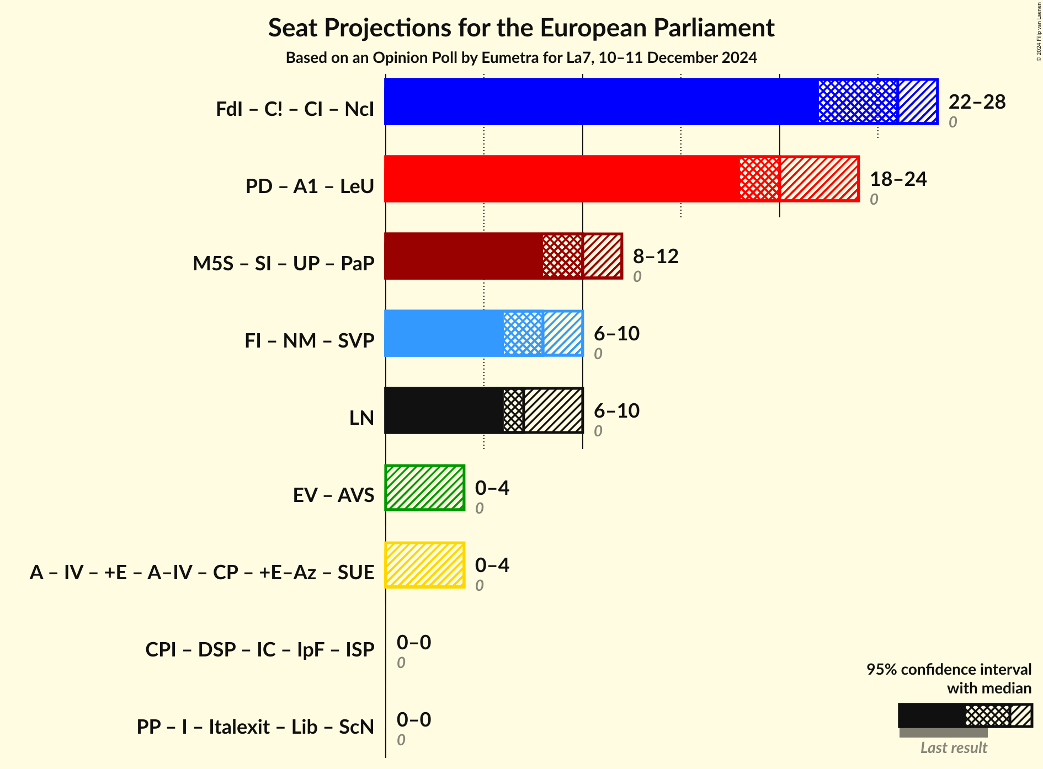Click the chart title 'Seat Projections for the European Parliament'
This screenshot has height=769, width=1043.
click(521, 28)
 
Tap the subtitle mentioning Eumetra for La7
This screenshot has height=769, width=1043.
click(521, 58)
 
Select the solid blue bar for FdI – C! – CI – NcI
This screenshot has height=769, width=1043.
click(602, 102)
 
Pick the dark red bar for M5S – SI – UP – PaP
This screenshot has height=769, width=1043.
click(464, 256)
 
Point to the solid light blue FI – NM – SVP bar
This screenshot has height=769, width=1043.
click(444, 333)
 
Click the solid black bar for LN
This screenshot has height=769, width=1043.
click(444, 410)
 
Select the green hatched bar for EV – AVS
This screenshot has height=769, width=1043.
click(425, 488)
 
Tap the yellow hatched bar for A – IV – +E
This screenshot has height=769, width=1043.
click(425, 565)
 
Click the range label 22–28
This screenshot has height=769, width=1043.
click(977, 102)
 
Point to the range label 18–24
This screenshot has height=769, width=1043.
click(898, 179)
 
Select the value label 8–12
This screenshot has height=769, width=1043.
click(655, 257)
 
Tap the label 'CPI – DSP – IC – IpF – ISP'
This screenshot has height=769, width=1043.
click(260, 650)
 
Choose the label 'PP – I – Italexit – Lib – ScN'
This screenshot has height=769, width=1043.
click(256, 727)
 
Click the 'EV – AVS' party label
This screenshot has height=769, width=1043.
click(333, 495)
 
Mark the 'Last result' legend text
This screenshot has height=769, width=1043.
click(954, 747)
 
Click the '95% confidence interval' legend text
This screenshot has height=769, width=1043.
click(949, 669)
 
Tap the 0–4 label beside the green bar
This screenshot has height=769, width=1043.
click(492, 488)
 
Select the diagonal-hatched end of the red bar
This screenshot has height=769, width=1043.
click(819, 179)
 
